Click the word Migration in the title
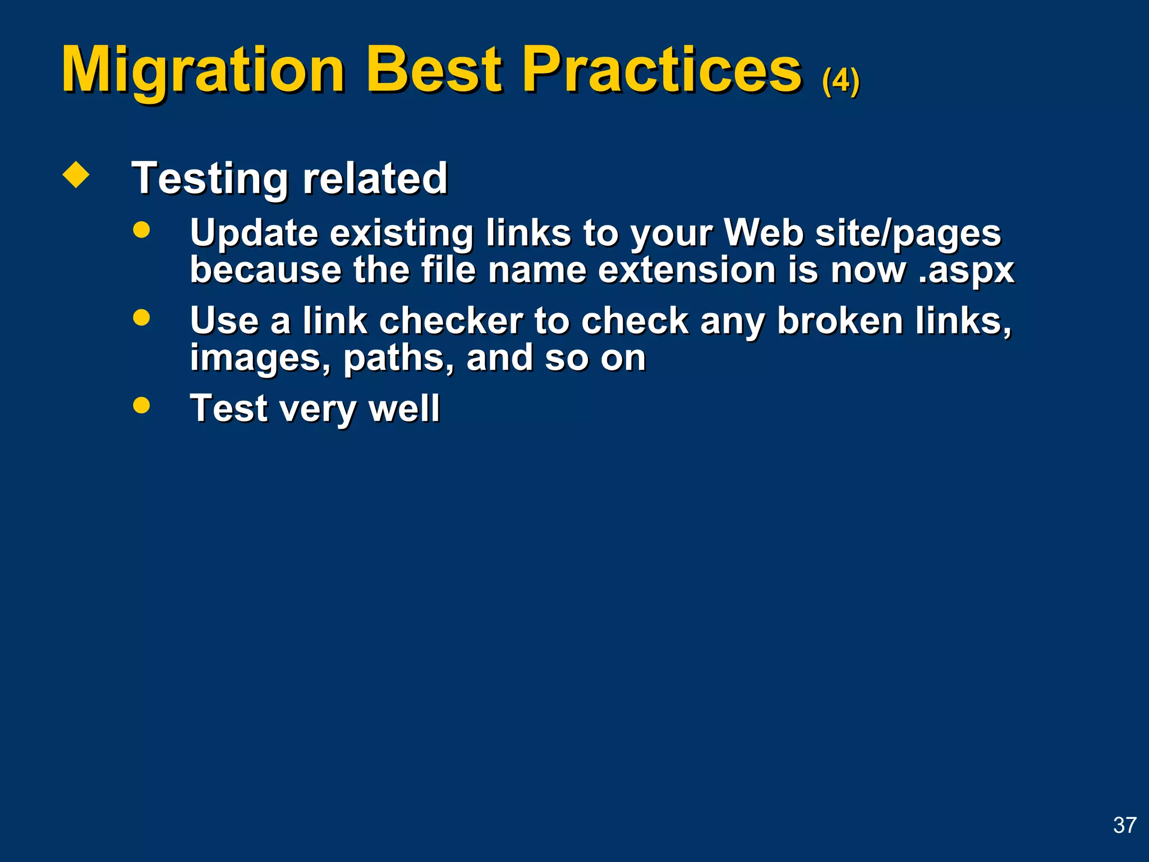(x=203, y=71)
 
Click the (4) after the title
(x=840, y=81)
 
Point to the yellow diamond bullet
(x=76, y=175)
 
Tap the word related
(x=375, y=178)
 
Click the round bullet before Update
(x=141, y=230)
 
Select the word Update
(x=254, y=233)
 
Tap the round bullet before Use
(x=141, y=318)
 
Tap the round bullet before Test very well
(x=141, y=405)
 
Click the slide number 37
(x=1124, y=826)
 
